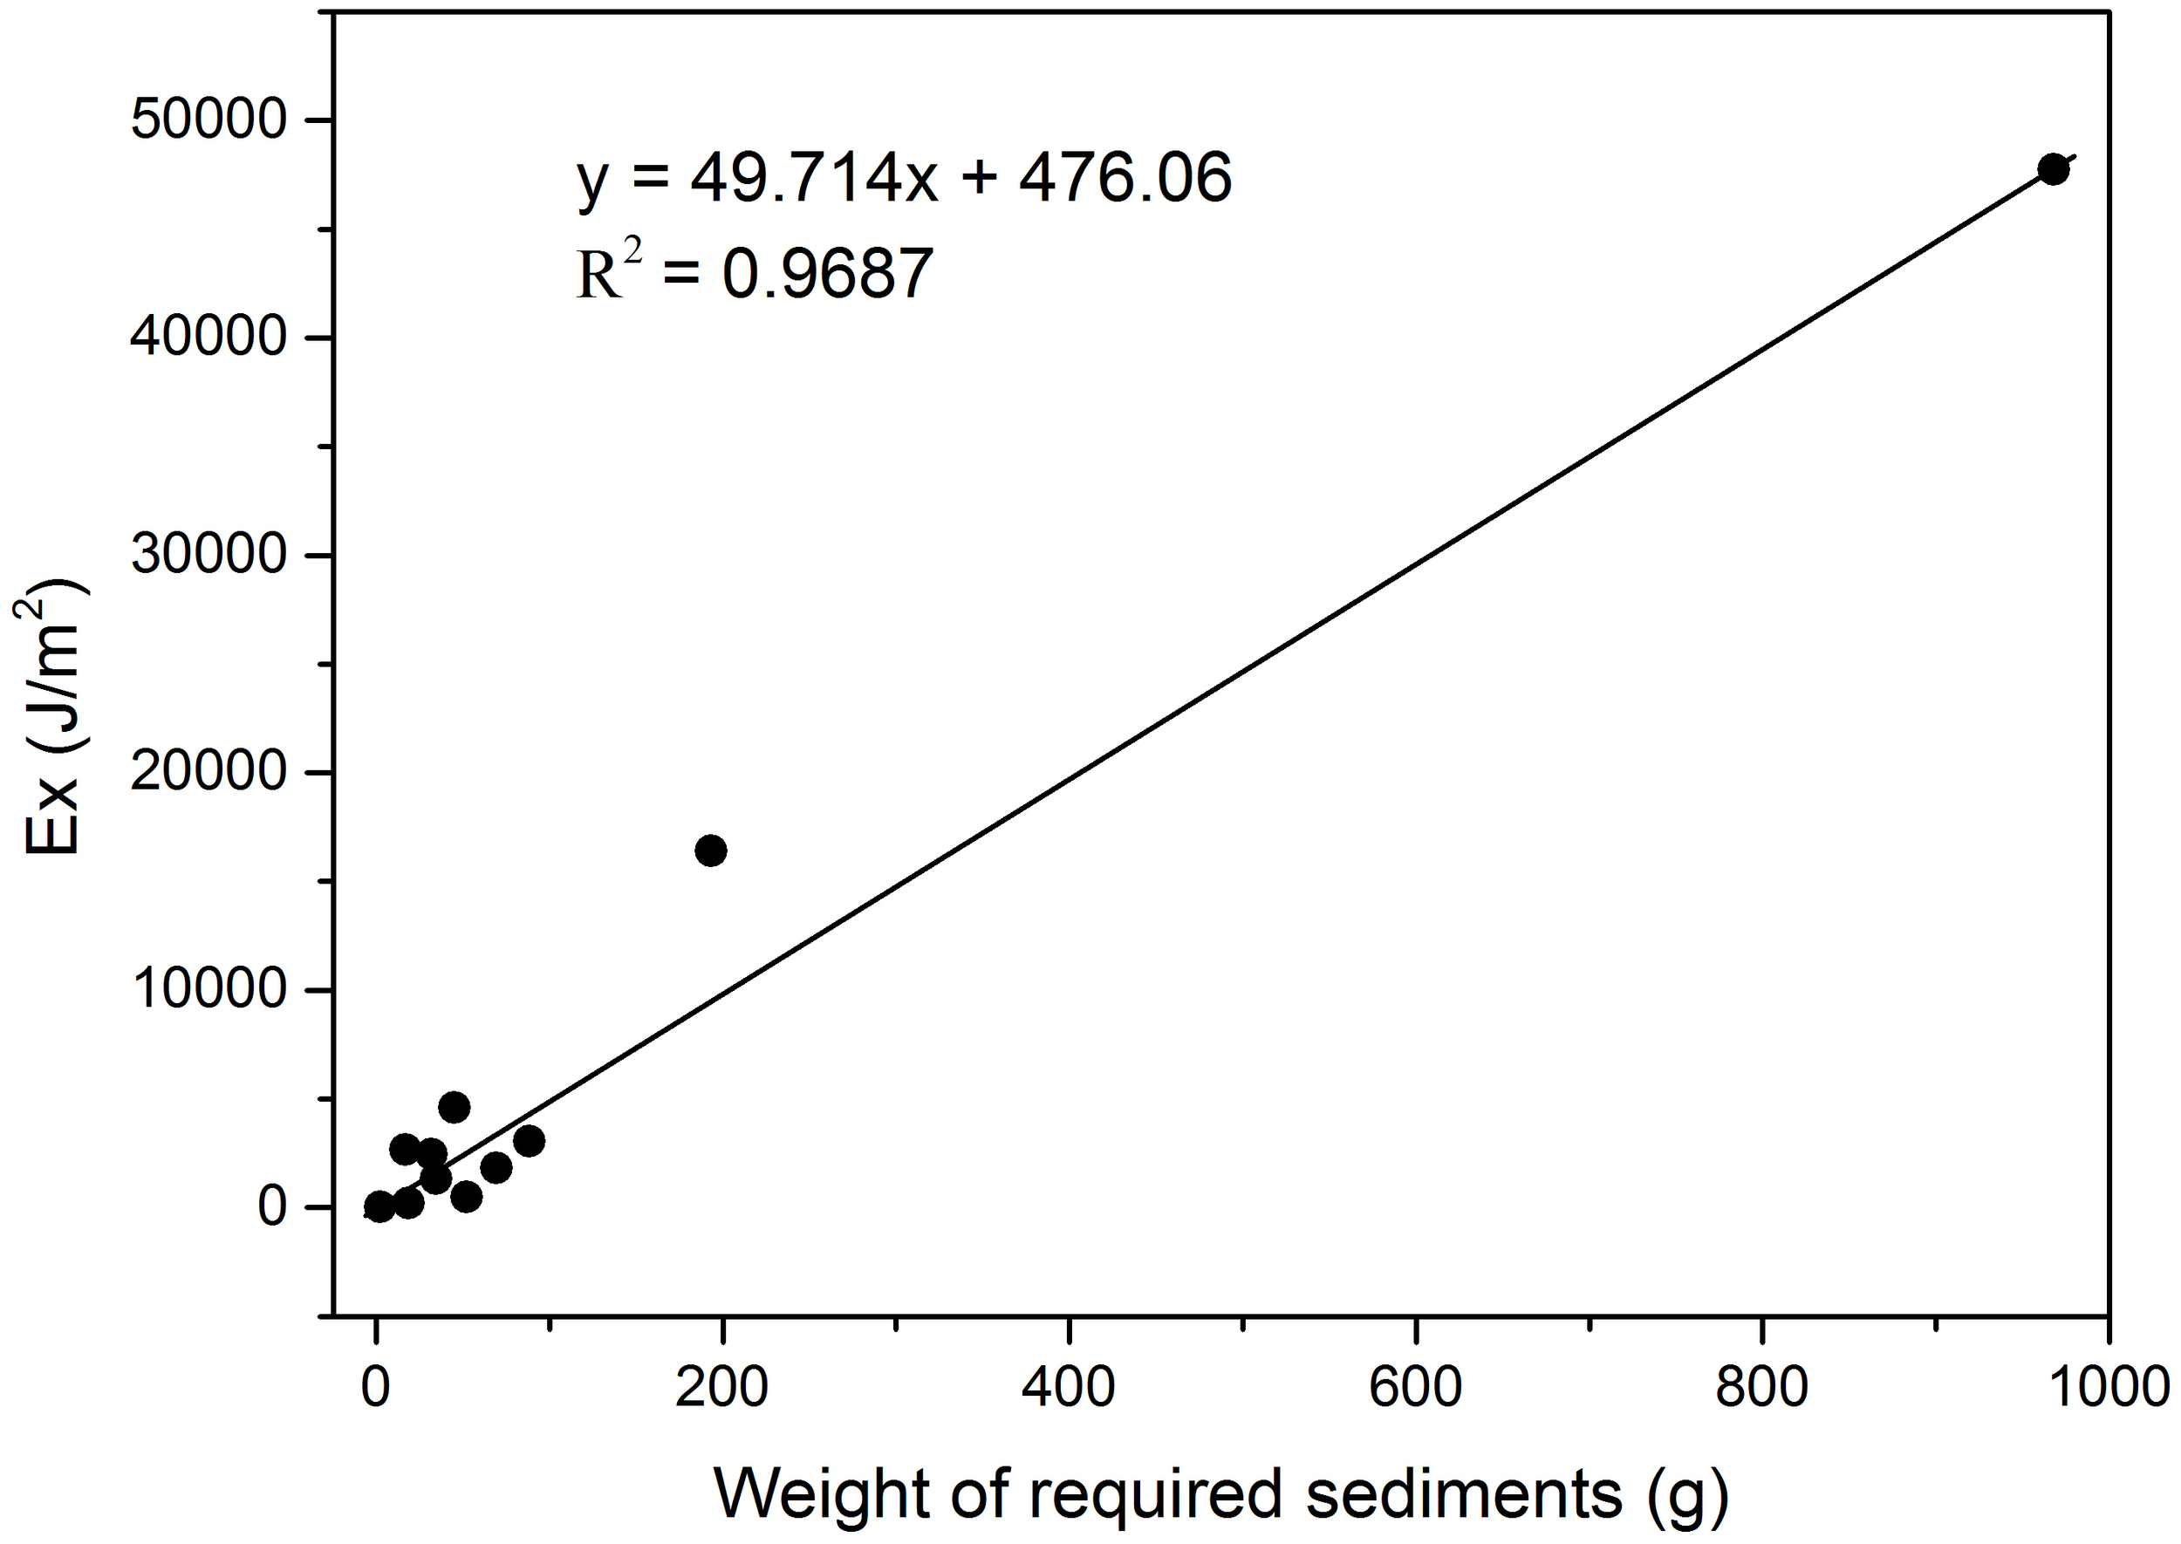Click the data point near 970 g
click(2053, 170)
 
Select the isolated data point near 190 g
click(711, 851)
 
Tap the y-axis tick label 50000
click(209, 120)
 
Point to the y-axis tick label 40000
click(209, 338)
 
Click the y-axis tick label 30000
click(209, 556)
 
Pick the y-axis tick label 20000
click(209, 772)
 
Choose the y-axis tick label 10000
click(209, 990)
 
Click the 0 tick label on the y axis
click(272, 1207)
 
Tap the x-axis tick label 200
click(721, 1388)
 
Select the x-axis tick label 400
click(1068, 1388)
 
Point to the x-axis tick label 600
click(1415, 1388)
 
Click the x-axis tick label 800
click(1761, 1388)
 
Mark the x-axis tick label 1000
click(2107, 1388)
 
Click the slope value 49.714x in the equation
click(814, 178)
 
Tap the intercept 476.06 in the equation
click(1125, 178)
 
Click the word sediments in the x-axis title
click(1463, 1493)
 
